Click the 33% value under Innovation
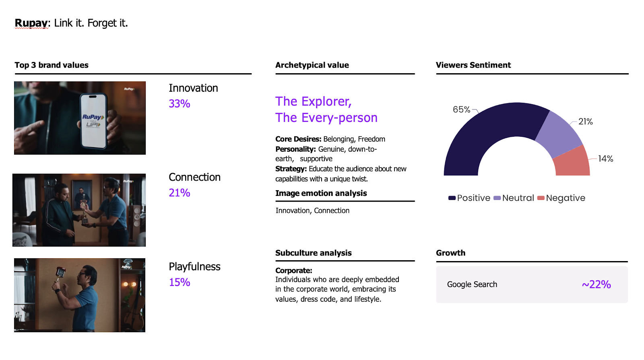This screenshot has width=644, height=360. (180, 103)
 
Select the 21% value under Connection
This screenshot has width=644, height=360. (180, 193)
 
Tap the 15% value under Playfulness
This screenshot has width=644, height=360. (180, 282)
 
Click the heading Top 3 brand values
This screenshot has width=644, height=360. (52, 65)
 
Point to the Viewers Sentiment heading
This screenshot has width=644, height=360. (473, 65)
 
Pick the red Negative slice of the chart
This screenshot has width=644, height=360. (572, 163)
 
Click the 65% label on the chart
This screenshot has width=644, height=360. (461, 109)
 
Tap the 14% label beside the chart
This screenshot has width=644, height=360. (605, 158)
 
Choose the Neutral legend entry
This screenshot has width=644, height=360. (514, 198)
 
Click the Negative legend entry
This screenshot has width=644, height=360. (561, 198)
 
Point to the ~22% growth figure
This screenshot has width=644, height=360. (596, 284)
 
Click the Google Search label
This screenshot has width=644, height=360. (472, 284)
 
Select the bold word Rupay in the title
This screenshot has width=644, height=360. (31, 23)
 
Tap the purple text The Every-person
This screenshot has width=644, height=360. (326, 117)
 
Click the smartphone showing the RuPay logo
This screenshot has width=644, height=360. (93, 121)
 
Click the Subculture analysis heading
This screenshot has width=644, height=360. (314, 253)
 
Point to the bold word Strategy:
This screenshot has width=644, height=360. (291, 169)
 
